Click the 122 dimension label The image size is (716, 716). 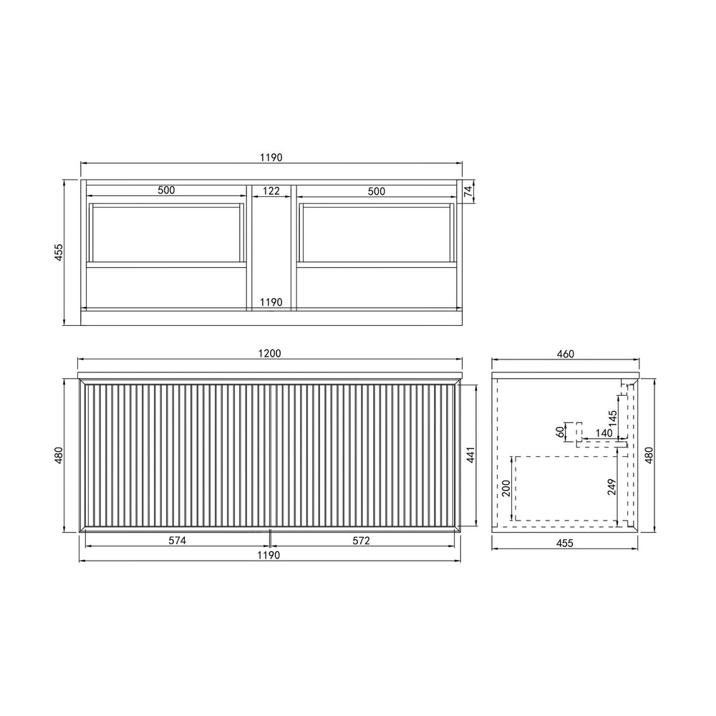coord(271,190)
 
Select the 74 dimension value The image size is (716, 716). coord(468,191)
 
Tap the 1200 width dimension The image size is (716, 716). coord(270,354)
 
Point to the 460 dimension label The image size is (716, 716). coord(566,354)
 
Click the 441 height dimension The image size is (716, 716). coord(471,455)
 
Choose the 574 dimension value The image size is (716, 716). coord(177,541)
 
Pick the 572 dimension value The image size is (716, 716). coord(361,541)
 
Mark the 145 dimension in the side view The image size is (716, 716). coord(612,418)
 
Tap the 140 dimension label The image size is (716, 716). coord(604,433)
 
